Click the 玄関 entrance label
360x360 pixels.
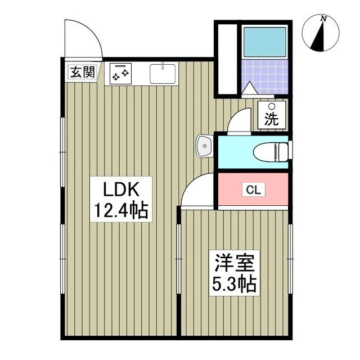82,71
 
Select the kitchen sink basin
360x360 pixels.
163,73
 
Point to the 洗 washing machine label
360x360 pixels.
272,119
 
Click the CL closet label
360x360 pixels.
253,190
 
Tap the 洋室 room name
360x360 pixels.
234,263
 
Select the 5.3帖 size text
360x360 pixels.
234,283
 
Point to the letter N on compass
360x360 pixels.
323,19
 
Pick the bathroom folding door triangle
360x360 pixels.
250,88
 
